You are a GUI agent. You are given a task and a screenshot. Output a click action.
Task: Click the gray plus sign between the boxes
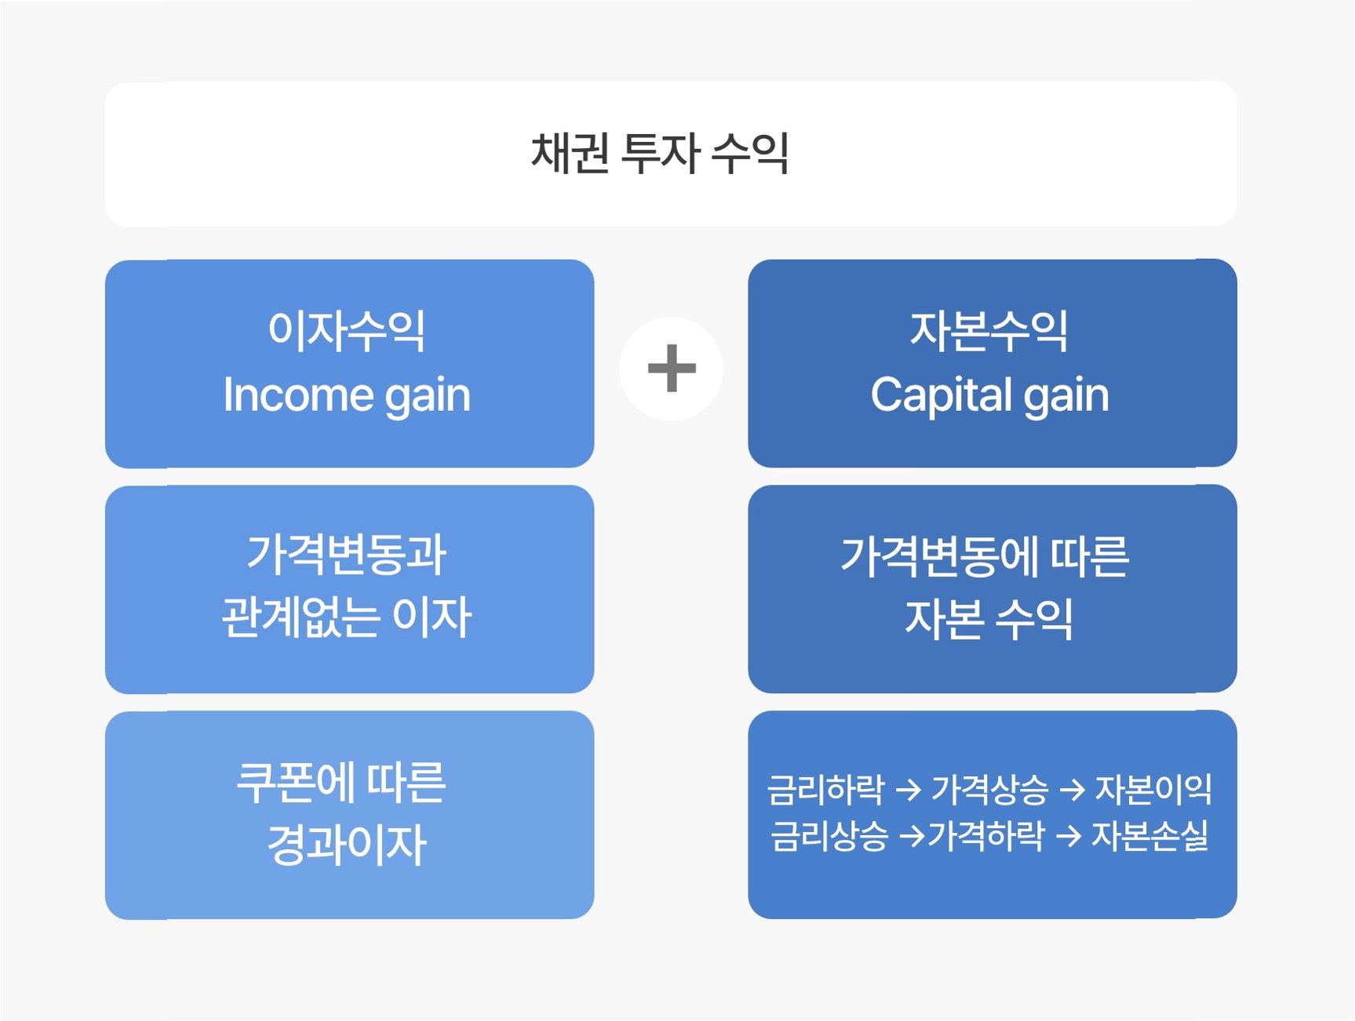coord(671,368)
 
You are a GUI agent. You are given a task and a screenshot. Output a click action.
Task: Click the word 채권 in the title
coord(570,153)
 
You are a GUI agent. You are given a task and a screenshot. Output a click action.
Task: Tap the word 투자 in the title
coord(659,153)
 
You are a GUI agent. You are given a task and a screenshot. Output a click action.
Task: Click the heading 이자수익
coord(347,330)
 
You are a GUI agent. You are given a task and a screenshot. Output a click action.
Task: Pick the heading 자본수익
coord(989,330)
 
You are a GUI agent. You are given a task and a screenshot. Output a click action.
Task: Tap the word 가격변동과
coord(347,554)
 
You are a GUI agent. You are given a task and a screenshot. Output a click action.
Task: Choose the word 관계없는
coord(301,617)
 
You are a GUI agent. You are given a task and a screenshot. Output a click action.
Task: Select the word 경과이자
coord(347,845)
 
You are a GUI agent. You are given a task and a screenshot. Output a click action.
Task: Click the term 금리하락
coord(826,789)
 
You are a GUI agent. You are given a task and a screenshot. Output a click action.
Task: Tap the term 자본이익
coord(1153,789)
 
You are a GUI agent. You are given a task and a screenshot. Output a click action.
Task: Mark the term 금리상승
coord(829,836)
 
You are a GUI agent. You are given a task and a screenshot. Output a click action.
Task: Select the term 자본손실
coord(1149,836)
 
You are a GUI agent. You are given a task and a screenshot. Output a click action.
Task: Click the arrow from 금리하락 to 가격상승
coord(908,790)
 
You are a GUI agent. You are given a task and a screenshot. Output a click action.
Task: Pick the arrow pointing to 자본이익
coord(1072,790)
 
